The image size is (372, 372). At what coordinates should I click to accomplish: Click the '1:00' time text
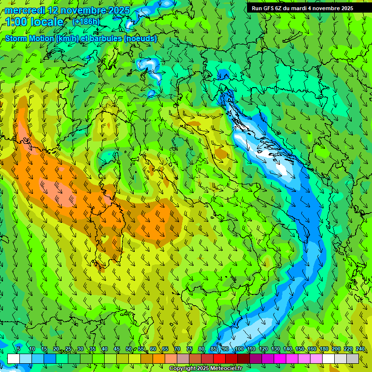(x=16, y=22)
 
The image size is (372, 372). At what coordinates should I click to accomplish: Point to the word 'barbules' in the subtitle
(x=105, y=38)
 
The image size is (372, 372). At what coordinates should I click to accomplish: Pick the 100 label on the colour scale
(x=239, y=349)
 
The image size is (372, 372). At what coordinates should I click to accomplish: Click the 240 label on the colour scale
(x=360, y=349)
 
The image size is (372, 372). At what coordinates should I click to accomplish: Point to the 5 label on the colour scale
(x=18, y=349)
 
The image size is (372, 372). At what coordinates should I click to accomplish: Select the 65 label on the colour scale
(x=165, y=349)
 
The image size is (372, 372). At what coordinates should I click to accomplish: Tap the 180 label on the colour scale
(x=324, y=349)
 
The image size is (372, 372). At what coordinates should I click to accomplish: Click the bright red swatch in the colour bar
(x=219, y=358)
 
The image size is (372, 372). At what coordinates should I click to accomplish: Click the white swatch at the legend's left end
(x=14, y=358)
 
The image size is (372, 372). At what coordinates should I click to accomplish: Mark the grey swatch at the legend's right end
(x=353, y=358)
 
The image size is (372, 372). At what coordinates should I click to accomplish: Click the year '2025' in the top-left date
(x=118, y=10)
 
